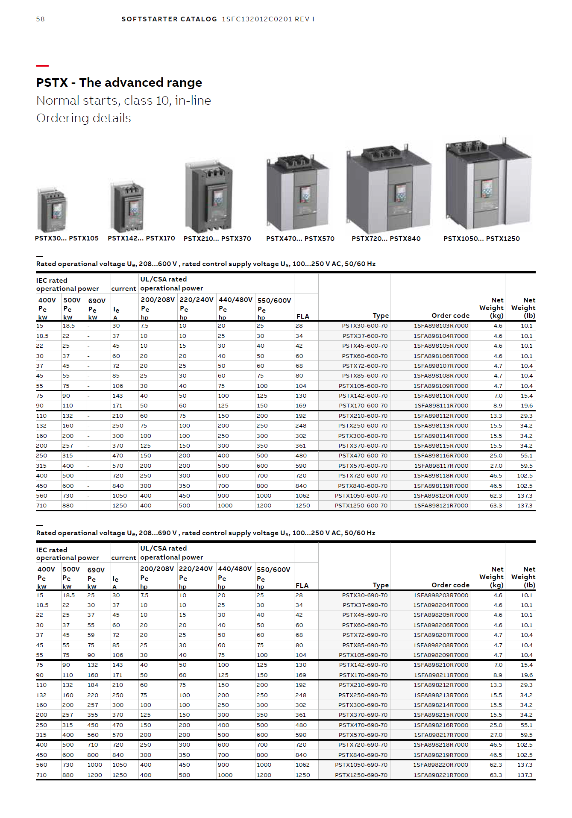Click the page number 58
[x=40, y=19]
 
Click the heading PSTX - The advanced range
[x=119, y=82]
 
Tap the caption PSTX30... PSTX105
[x=67, y=238]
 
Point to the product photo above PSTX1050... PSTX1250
[x=488, y=185]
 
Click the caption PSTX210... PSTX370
[x=217, y=239]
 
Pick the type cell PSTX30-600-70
[x=364, y=326]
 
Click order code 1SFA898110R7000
[x=440, y=396]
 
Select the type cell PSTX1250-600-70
[x=361, y=506]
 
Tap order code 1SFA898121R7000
[x=440, y=506]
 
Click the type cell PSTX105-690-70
[x=363, y=655]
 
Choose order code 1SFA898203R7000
[x=440, y=595]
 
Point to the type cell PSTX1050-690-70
[x=361, y=765]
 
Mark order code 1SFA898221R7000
[x=440, y=775]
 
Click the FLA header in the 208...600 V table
[x=302, y=317]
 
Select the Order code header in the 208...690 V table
[x=450, y=585]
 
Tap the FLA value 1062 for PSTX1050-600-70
[x=302, y=496]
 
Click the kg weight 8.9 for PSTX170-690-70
[x=498, y=675]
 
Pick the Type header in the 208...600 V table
[x=380, y=316]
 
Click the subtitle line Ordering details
[x=83, y=118]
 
